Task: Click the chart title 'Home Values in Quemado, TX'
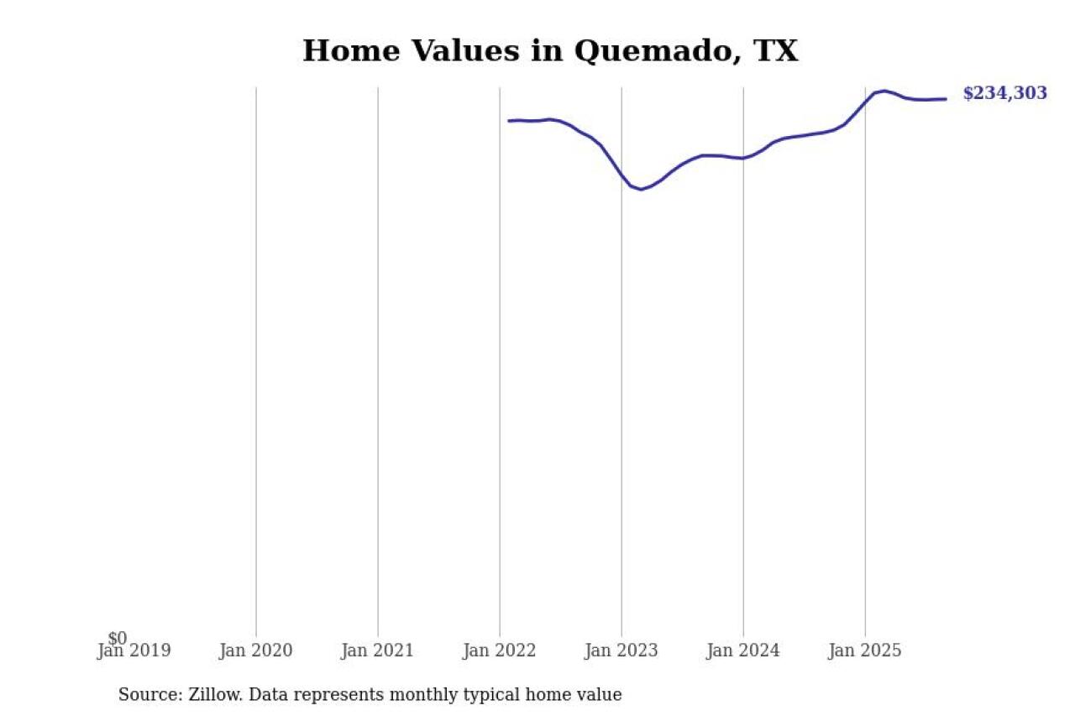click(x=550, y=51)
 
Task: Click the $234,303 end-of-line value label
click(x=1004, y=93)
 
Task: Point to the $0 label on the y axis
click(x=118, y=639)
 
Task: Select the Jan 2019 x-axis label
click(x=134, y=651)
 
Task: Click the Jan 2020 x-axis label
click(x=255, y=651)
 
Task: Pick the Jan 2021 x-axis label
click(x=377, y=651)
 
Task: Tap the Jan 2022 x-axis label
click(x=499, y=651)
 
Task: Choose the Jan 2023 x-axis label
click(x=621, y=651)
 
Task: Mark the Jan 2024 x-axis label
click(x=743, y=651)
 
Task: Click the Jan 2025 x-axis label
click(x=865, y=651)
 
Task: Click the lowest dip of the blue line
click(x=641, y=189)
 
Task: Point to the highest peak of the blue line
click(x=884, y=91)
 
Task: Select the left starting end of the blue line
click(x=509, y=121)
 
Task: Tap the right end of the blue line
click(x=946, y=99)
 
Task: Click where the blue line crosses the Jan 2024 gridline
click(x=743, y=158)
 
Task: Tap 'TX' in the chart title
click(x=775, y=51)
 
